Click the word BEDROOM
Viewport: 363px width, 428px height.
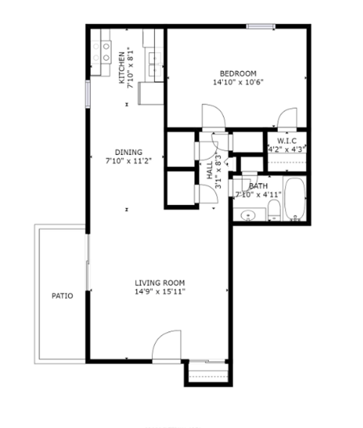coord(237,73)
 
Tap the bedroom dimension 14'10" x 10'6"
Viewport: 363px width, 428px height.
coord(237,82)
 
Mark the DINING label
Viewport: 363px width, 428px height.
coord(123,151)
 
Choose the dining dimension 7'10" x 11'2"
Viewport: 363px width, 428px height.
coord(123,160)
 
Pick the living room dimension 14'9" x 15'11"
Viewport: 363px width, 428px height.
coord(160,291)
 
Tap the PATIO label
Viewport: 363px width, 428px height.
coord(62,296)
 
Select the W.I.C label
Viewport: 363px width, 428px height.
coord(286,141)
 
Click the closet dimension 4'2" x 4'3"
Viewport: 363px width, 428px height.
coord(286,150)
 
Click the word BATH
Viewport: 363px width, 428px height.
coord(258,186)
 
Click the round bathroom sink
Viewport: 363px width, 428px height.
coord(248,216)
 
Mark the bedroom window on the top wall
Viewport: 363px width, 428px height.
coord(260,28)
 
